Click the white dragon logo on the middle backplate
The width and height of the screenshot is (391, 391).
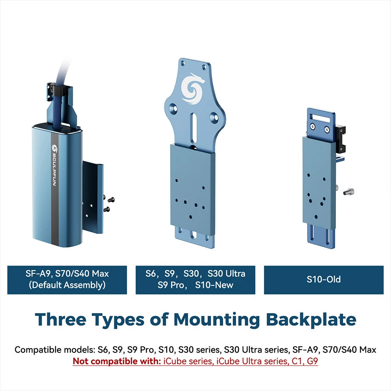tap(193, 89)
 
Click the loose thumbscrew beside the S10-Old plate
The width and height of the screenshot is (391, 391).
tap(349, 192)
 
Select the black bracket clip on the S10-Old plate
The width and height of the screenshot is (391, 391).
tap(341, 138)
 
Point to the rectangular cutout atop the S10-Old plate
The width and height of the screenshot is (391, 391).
tap(320, 118)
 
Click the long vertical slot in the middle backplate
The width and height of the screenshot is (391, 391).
tap(194, 130)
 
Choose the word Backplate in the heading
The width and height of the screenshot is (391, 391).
tap(311, 319)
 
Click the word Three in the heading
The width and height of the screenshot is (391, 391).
tap(61, 319)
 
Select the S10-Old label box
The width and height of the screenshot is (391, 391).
tap(324, 280)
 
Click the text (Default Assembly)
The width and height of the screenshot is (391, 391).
tap(67, 285)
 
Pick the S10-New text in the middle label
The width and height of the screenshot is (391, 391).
tap(214, 285)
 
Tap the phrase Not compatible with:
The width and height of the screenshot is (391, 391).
tap(117, 361)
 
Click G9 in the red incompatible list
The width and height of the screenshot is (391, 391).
tap(312, 361)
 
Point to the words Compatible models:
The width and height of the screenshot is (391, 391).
tap(55, 350)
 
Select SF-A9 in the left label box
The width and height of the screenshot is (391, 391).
tap(38, 274)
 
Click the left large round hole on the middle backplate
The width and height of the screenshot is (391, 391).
tap(173, 108)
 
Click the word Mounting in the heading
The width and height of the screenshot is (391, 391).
tap(217, 320)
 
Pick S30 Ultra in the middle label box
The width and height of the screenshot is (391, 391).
tap(226, 274)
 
